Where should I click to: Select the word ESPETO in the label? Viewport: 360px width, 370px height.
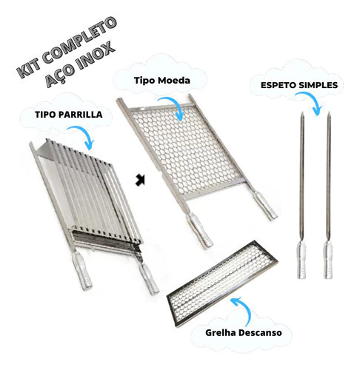click(276, 85)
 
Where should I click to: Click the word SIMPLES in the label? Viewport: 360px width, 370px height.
click(316, 85)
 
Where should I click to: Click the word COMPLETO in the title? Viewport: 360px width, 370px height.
click(79, 38)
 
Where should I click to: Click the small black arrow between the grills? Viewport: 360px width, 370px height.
click(140, 180)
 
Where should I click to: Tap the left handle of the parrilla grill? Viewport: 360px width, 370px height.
click(82, 270)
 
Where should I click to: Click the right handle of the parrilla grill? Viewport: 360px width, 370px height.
click(148, 278)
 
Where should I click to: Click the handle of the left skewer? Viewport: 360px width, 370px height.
click(301, 260)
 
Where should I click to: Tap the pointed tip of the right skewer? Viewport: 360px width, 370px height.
click(329, 112)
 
